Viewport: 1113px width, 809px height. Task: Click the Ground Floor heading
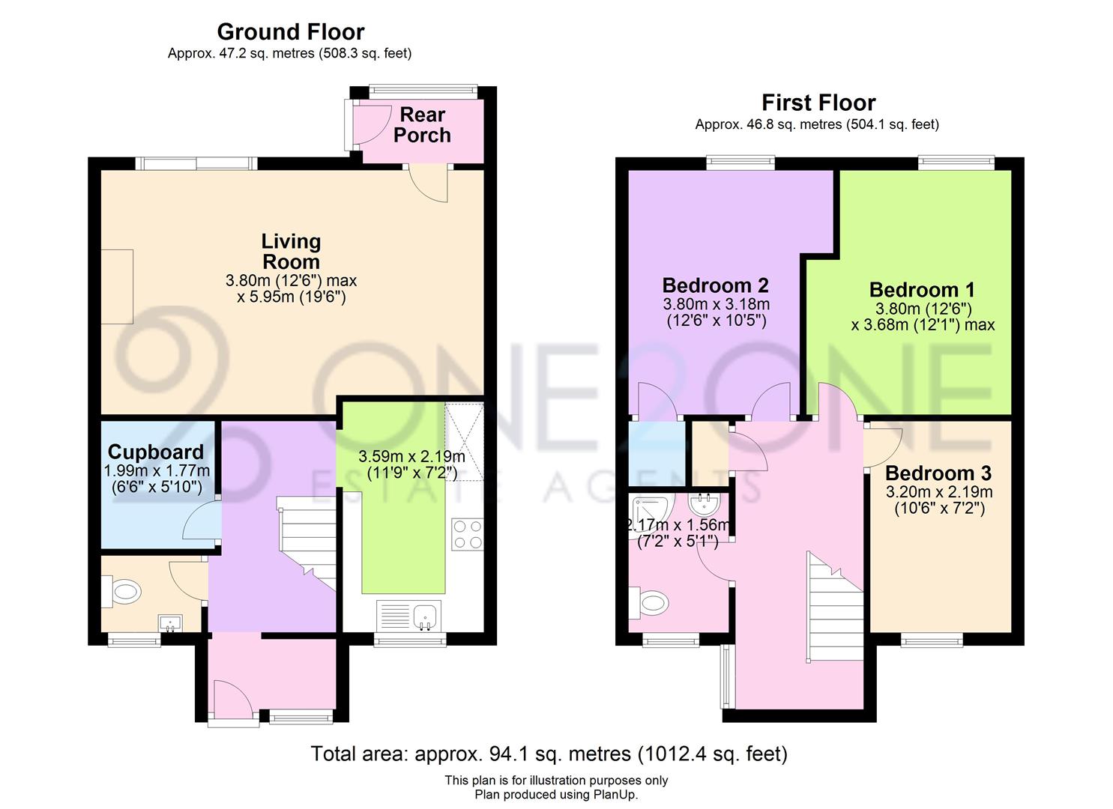pos(290,32)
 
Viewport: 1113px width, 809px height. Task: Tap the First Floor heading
pos(818,103)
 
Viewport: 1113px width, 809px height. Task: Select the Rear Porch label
pos(422,125)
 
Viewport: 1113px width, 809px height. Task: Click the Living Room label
pos(291,252)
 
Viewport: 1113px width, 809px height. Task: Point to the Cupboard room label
pos(156,452)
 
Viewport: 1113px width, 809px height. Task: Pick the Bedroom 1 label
pos(922,290)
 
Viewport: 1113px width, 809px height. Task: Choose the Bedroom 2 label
pos(715,285)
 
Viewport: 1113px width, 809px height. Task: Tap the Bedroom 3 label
pos(938,473)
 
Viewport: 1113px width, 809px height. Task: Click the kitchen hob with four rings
pos(467,534)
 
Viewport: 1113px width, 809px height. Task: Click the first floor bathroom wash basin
pos(705,502)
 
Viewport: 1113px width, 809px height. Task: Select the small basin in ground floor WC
pos(170,622)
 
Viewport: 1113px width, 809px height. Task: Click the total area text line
pos(549,754)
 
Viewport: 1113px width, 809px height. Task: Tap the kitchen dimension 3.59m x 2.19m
pos(411,464)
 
